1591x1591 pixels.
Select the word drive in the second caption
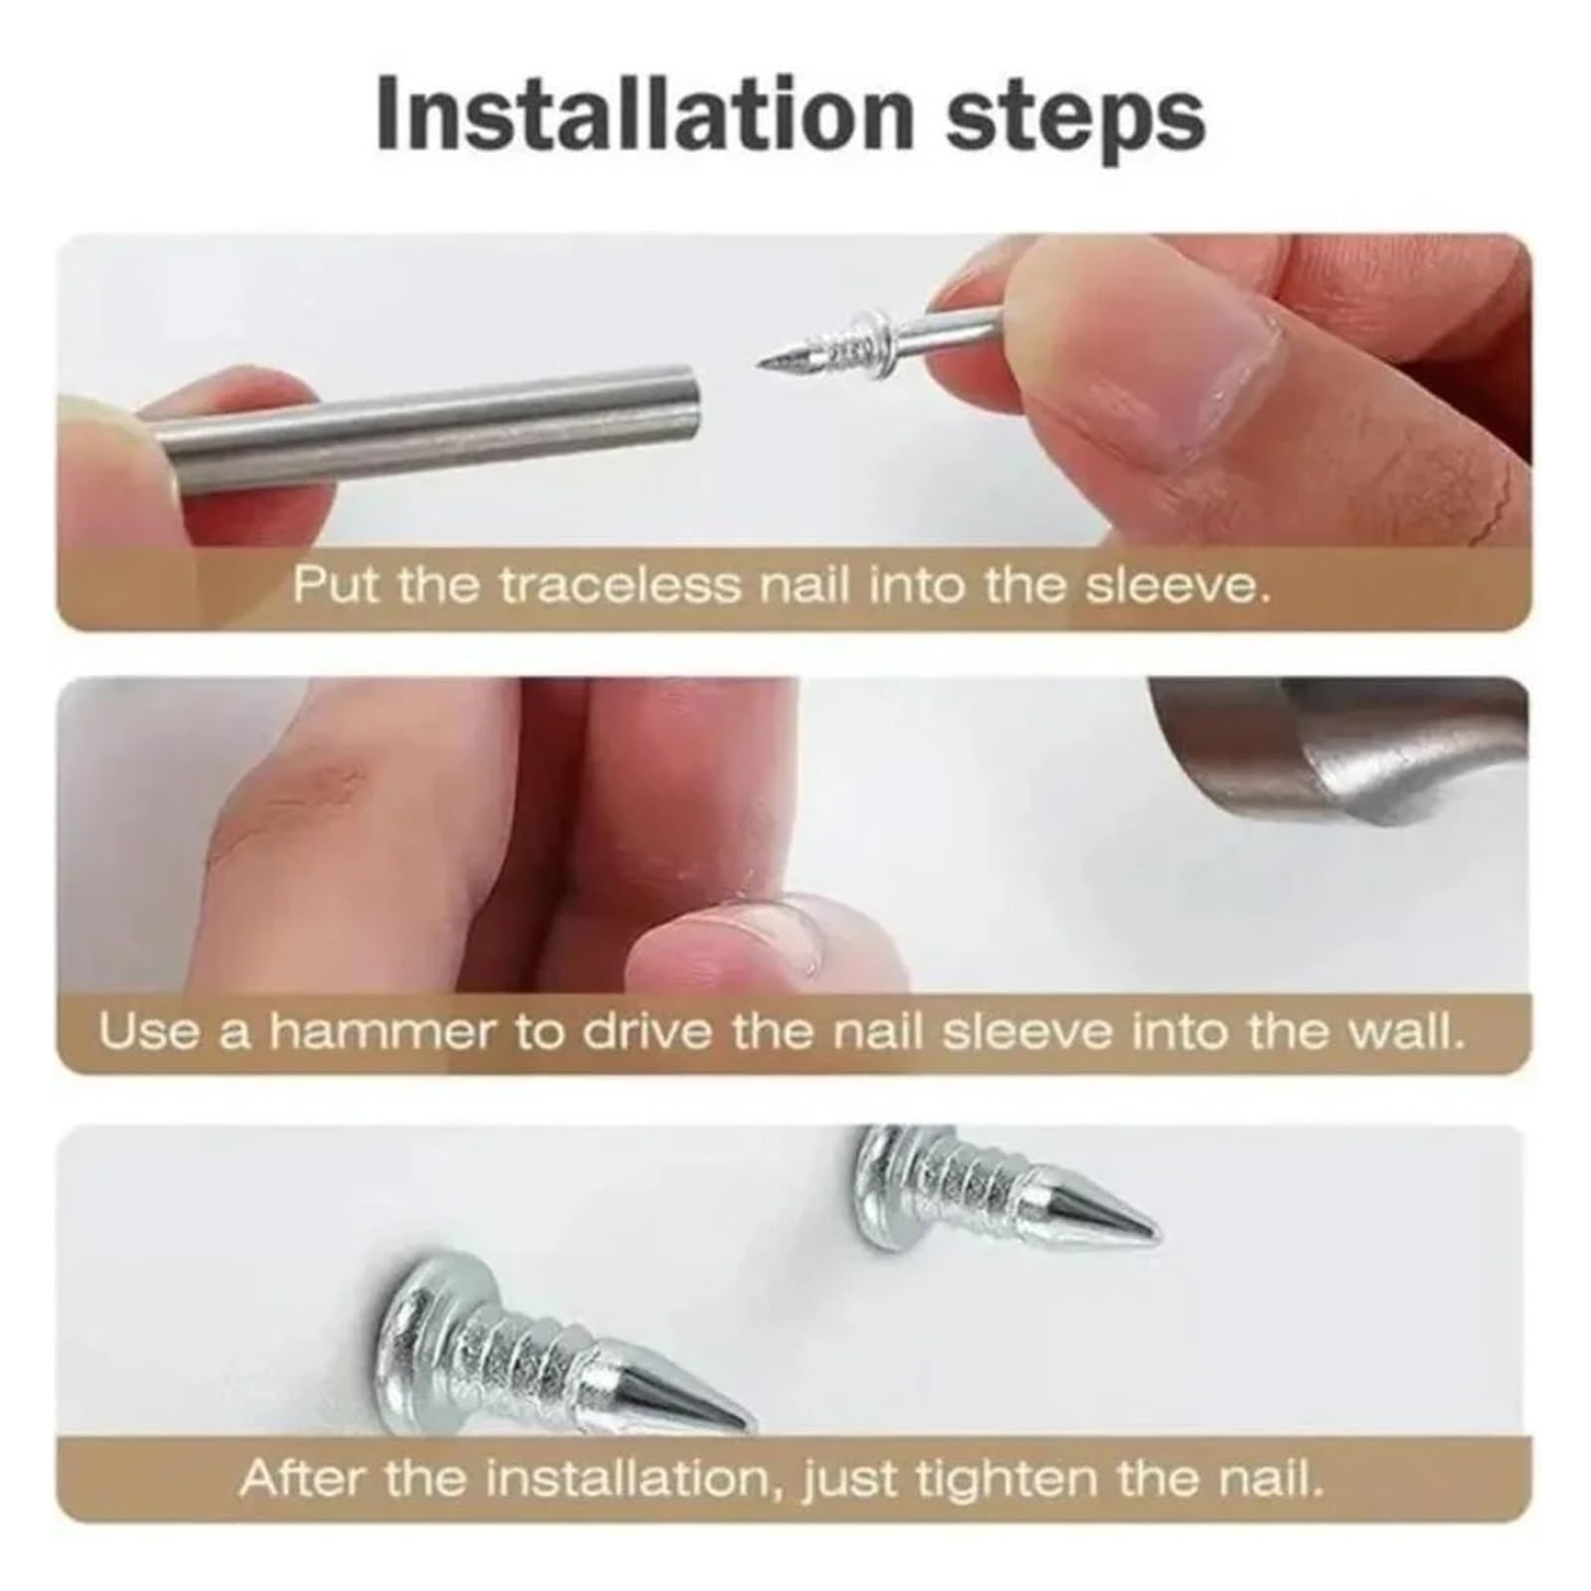[x=645, y=1032]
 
